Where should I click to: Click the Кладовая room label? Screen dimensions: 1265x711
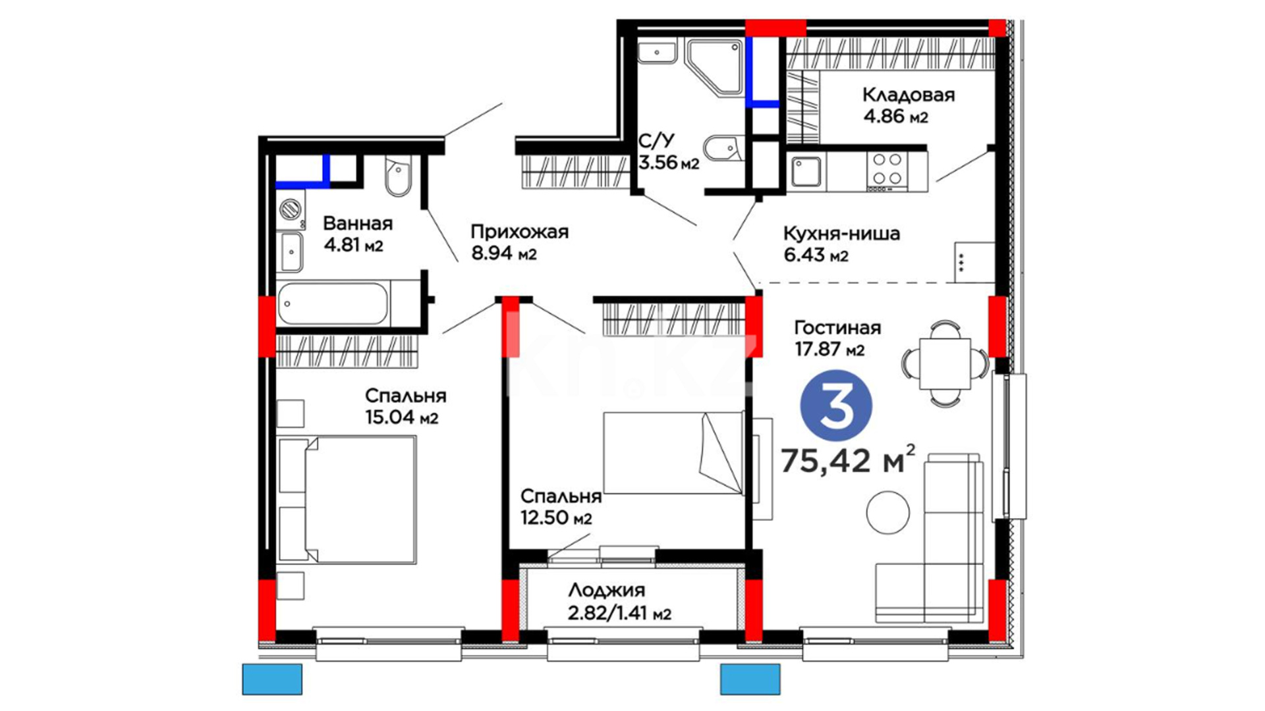click(908, 95)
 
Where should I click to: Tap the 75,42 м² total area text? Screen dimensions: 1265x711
click(847, 460)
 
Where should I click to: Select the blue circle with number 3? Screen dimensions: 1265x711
click(836, 406)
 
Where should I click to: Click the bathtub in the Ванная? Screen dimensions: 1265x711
click(333, 303)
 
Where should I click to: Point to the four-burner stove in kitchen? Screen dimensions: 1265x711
click(887, 169)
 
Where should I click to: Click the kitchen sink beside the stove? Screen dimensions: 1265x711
click(806, 172)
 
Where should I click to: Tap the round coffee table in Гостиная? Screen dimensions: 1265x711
click(887, 512)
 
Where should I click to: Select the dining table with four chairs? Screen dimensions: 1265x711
click(945, 363)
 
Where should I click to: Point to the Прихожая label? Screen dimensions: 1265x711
click(519, 232)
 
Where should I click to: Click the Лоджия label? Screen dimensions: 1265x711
click(606, 590)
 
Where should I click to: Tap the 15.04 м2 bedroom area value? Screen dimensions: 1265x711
click(401, 417)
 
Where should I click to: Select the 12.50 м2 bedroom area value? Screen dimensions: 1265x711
click(556, 517)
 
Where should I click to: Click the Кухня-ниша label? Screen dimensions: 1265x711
click(841, 233)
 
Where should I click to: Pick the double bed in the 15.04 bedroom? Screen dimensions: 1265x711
click(348, 500)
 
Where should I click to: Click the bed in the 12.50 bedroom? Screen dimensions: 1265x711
click(673, 453)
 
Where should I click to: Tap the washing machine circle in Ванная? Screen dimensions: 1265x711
click(291, 209)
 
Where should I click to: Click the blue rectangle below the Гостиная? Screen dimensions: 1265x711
click(750, 679)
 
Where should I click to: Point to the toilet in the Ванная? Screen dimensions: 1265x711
click(397, 176)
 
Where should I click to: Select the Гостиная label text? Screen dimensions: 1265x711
click(837, 327)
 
